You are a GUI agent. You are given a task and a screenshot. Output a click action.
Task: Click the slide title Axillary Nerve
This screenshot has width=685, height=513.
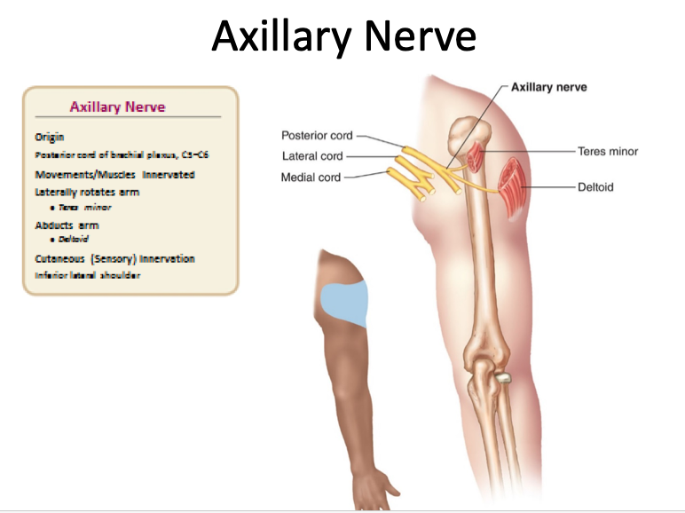point(343,36)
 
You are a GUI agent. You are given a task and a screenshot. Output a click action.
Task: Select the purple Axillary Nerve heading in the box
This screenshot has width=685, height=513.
point(117,107)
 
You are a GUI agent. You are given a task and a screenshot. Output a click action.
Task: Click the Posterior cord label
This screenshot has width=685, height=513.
point(317,136)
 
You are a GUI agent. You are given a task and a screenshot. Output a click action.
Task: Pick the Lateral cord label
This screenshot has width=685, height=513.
point(312,156)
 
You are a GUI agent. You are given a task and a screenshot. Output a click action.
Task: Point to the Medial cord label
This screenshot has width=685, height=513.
point(311,178)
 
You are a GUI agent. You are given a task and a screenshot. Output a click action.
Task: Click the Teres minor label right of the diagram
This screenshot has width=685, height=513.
point(607,152)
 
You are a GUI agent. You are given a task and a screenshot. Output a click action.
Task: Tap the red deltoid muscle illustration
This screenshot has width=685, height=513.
point(513,186)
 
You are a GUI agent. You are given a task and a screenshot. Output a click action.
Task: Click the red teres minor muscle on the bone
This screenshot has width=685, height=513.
point(478,158)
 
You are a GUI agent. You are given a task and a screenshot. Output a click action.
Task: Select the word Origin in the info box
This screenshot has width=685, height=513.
point(49,138)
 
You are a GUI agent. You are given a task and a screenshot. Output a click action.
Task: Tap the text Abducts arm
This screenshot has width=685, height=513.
point(67,225)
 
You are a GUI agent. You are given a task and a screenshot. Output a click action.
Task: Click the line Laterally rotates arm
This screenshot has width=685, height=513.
point(86,192)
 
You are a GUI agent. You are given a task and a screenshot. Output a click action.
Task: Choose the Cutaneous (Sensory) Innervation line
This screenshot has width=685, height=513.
point(114,259)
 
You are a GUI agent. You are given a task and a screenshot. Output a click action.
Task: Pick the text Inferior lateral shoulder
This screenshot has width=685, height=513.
point(87,275)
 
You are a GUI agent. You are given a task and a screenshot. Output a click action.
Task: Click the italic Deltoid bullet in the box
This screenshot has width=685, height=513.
point(74,240)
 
